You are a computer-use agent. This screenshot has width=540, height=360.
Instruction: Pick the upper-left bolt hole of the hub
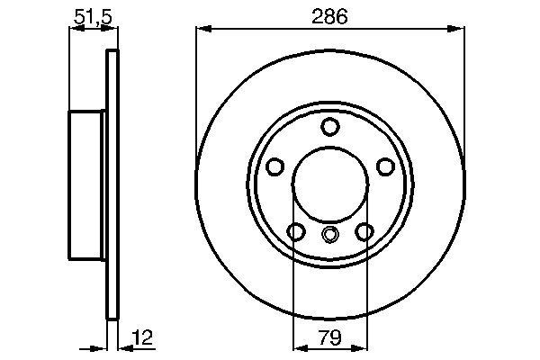275,166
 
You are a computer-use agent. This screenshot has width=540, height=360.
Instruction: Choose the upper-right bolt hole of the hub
385,166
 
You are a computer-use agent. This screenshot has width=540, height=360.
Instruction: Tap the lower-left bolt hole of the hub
295,232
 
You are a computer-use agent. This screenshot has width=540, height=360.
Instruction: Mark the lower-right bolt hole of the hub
364,232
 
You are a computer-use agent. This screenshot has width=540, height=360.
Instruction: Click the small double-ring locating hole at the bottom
329,236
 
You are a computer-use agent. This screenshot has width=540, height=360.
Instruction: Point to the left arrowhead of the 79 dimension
299,346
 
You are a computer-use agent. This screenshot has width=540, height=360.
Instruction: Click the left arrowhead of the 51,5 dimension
74,31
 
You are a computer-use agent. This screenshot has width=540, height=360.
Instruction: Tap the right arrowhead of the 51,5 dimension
113,31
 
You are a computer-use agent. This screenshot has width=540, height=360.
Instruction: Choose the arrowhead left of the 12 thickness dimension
102,346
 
